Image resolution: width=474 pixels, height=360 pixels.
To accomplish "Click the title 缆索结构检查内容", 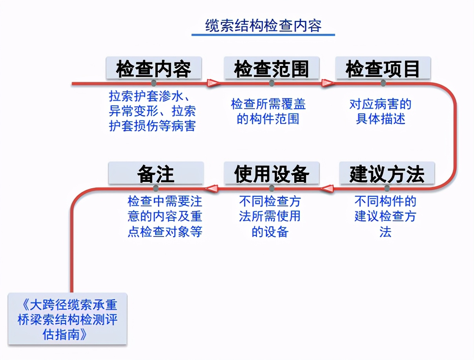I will [x=263, y=26].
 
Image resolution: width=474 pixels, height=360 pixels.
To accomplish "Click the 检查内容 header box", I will [x=153, y=68].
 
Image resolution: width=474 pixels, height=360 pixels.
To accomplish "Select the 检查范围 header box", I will [x=272, y=68].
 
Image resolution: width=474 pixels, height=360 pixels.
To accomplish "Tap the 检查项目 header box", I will [x=383, y=68].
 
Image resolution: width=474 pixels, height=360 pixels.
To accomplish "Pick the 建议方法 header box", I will [x=387, y=173].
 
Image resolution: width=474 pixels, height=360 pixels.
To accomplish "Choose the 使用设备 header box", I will [x=272, y=173].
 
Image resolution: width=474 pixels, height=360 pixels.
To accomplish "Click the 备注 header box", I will [x=156, y=173].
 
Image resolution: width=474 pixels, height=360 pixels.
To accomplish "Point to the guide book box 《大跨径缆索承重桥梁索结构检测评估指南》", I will [x=67, y=319].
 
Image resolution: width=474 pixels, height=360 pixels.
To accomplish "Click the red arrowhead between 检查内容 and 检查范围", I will [x=213, y=83].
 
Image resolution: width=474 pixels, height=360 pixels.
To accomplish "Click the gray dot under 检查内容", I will [x=153, y=83].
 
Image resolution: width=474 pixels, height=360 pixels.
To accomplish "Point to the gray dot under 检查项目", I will [x=383, y=83].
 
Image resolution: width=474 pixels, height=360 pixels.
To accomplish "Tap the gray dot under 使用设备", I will [x=272, y=189].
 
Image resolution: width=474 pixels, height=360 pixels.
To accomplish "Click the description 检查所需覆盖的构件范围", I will [x=268, y=111].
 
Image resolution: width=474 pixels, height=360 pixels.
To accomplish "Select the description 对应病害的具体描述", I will [x=380, y=111].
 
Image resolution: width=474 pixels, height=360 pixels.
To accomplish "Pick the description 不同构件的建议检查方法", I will [x=385, y=216].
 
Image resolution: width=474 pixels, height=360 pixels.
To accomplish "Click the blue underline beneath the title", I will [x=263, y=35].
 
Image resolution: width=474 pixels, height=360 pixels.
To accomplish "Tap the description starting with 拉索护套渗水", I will [x=152, y=111].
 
